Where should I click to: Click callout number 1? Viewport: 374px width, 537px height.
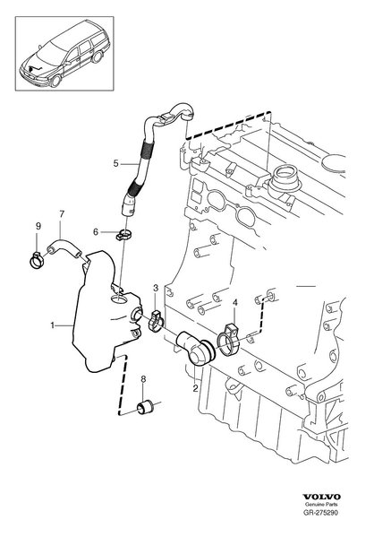(52, 325)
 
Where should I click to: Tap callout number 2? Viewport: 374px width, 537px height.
(195, 388)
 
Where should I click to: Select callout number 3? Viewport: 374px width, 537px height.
(156, 288)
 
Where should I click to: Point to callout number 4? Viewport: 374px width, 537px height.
(234, 302)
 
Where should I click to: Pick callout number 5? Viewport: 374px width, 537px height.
(116, 163)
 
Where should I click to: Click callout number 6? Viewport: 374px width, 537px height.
(96, 232)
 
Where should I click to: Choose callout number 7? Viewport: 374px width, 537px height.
(62, 214)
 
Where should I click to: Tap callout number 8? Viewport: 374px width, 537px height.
(143, 379)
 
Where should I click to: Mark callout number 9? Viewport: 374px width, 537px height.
(38, 226)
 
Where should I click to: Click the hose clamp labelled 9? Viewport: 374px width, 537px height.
(36, 260)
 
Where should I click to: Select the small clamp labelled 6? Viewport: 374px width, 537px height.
(123, 235)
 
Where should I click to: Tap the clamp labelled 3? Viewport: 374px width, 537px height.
(156, 321)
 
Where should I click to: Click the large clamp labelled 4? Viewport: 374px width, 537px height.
(227, 340)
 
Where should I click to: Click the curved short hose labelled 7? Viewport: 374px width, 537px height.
(64, 250)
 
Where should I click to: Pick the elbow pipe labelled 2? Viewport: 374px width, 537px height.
(195, 349)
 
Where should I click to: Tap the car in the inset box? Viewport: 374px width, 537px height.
(64, 54)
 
